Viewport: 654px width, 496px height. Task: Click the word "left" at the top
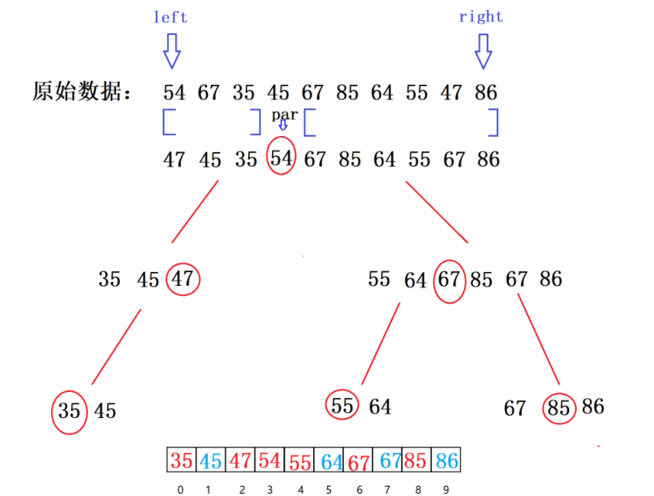pyautogui.click(x=170, y=17)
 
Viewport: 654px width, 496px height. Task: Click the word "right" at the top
pyautogui.click(x=481, y=17)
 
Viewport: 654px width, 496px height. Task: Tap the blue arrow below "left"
pyautogui.click(x=172, y=50)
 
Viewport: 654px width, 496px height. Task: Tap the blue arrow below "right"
pyautogui.click(x=483, y=50)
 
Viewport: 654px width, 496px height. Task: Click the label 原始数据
pyautogui.click(x=82, y=92)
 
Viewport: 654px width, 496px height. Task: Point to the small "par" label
pyautogui.click(x=283, y=115)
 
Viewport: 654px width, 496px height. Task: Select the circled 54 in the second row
pyautogui.click(x=282, y=159)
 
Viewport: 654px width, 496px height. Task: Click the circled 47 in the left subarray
pyautogui.click(x=183, y=280)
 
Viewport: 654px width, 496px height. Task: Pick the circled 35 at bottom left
pyautogui.click(x=69, y=411)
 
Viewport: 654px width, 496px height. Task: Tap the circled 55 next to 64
pyautogui.click(x=343, y=406)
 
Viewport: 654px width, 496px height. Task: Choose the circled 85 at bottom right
pyautogui.click(x=559, y=408)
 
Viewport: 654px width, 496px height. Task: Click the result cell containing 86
pyautogui.click(x=447, y=461)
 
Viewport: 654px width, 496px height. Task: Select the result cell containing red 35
pyautogui.click(x=182, y=461)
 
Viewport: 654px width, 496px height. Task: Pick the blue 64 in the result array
pyautogui.click(x=331, y=462)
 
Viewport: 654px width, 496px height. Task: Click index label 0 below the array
pyautogui.click(x=180, y=490)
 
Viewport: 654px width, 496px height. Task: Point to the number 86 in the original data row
pyautogui.click(x=486, y=93)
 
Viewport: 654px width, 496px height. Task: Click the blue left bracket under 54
pyautogui.click(x=168, y=122)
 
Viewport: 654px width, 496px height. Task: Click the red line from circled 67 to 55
pyautogui.click(x=380, y=344)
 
